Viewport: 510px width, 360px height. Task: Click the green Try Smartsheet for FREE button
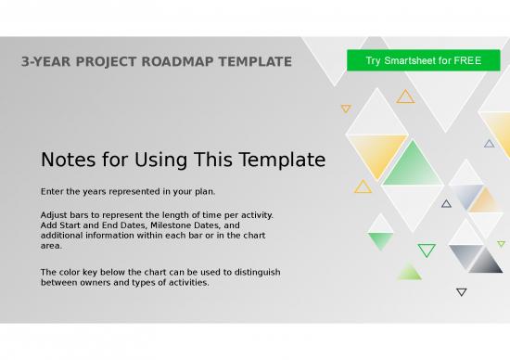[x=423, y=61]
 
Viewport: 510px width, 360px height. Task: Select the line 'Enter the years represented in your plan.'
[x=128, y=192]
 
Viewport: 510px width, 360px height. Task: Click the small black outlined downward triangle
[x=462, y=292]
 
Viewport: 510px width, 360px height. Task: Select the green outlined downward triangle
[x=427, y=250]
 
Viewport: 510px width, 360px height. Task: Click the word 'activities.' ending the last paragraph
[x=185, y=282]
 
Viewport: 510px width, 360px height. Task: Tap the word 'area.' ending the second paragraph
[x=53, y=246]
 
